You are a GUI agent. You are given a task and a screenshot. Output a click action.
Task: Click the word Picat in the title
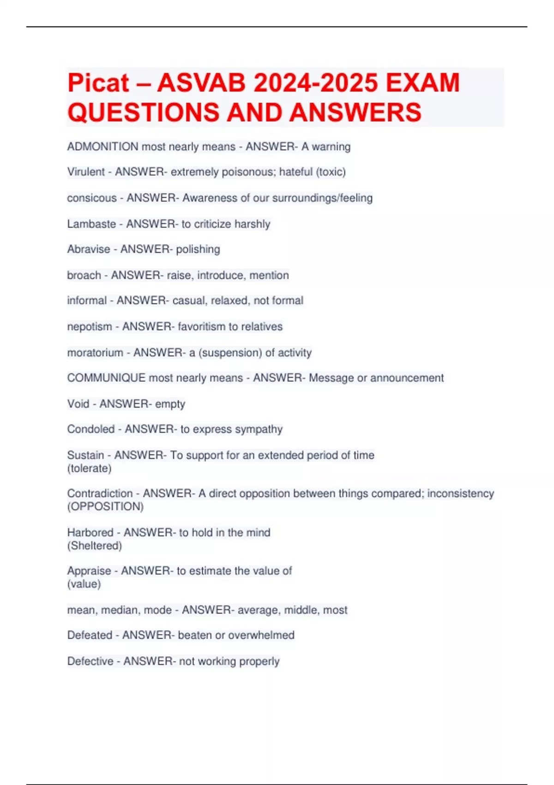(98, 83)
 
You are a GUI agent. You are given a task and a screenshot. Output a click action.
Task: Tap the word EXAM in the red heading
(422, 83)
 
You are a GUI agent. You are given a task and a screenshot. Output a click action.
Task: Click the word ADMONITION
(102, 147)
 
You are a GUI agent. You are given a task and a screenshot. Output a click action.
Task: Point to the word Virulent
(86, 172)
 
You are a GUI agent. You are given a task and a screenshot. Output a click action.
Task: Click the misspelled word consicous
(91, 198)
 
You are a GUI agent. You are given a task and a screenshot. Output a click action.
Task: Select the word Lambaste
(91, 224)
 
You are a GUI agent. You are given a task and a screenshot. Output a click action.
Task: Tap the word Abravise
(89, 249)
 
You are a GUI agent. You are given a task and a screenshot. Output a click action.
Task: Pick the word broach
(84, 275)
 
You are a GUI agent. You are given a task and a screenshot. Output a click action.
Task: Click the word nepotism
(90, 327)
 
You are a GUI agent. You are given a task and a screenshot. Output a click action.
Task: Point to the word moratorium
(95, 353)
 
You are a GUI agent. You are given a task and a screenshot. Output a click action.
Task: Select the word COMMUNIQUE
(106, 378)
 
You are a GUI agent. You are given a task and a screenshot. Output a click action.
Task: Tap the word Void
(78, 404)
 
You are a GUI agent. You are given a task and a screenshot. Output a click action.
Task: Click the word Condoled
(91, 429)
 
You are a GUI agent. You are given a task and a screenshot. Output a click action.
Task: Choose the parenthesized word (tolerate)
(89, 469)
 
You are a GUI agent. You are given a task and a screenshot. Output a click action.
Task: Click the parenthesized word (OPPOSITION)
(105, 507)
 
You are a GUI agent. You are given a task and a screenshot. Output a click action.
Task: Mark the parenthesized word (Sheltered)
(94, 546)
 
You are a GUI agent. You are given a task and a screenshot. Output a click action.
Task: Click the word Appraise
(89, 571)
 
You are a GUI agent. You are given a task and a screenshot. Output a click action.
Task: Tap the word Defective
(90, 661)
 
